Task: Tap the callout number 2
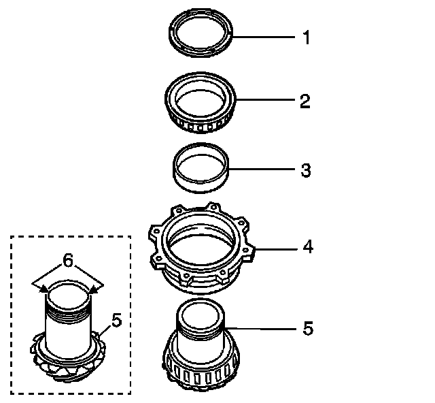pos(305,101)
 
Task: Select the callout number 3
pos(305,170)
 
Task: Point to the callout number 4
pos(307,246)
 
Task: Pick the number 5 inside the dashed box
pos(116,319)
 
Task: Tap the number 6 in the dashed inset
pos(67,260)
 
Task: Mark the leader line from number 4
pos(276,248)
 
